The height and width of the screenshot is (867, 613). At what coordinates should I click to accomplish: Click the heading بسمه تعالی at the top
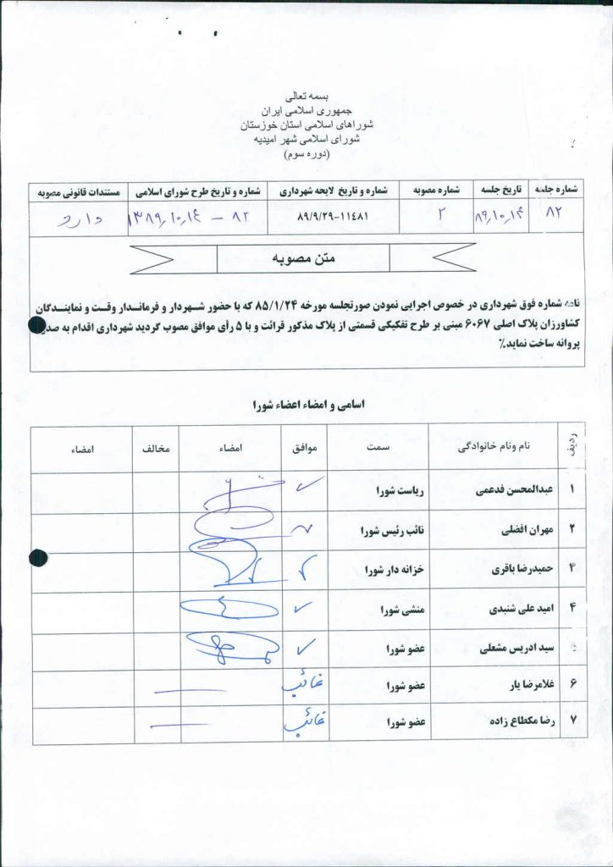coord(307,98)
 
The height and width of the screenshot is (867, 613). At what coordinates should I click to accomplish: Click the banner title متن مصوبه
coord(303,257)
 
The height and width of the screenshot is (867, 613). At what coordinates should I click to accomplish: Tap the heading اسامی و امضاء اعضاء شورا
coord(306,406)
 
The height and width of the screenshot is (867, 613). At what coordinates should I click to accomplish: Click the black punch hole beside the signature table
coord(37,557)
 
